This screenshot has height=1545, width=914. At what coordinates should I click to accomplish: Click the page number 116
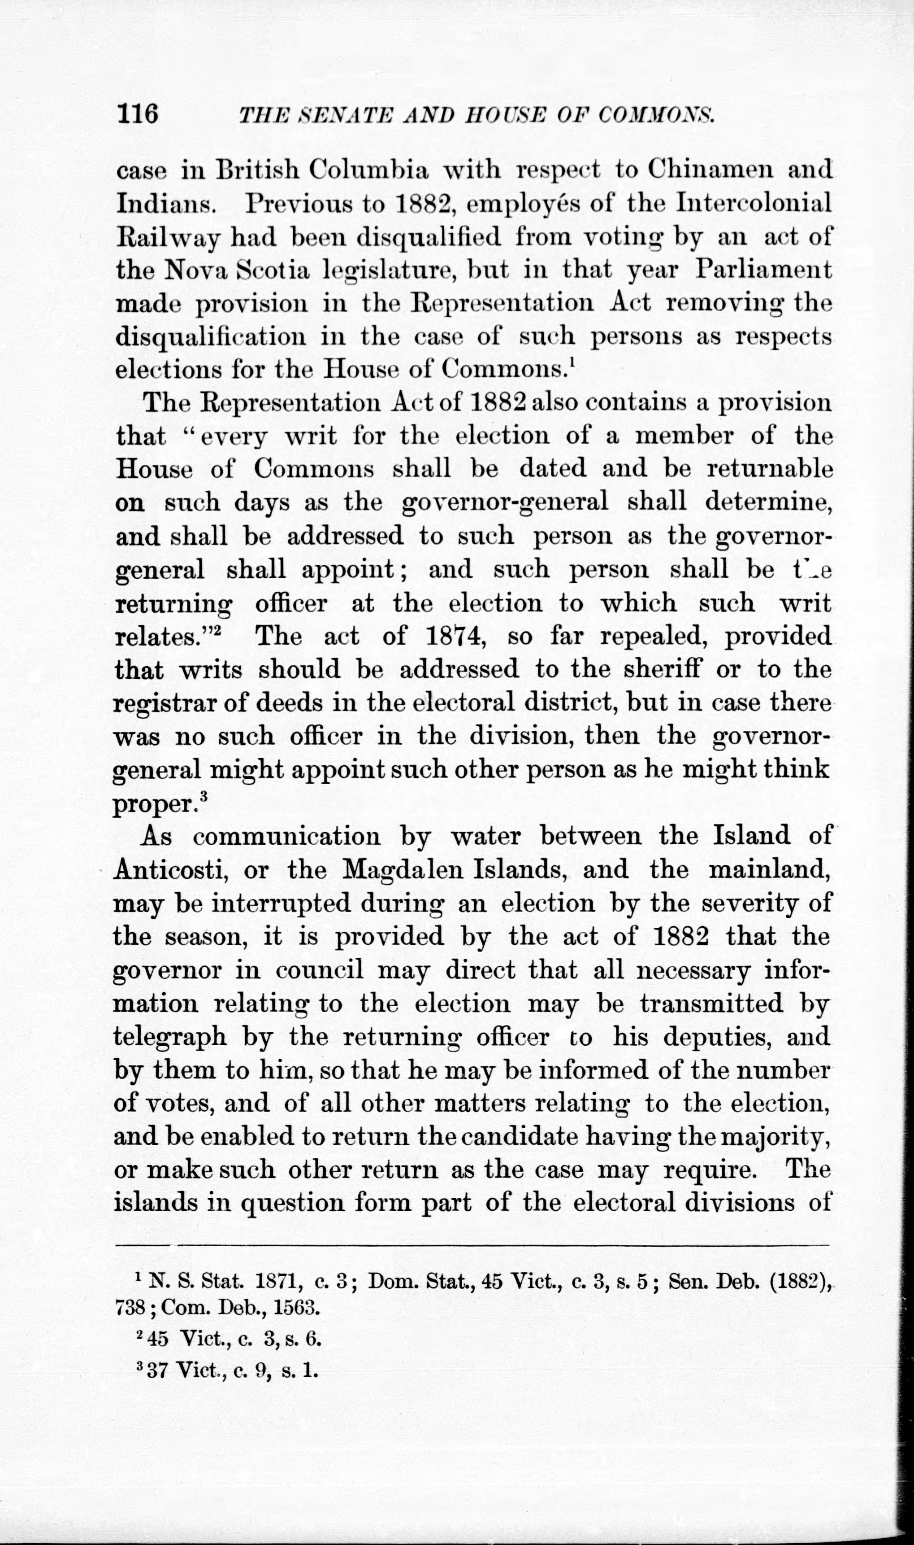(137, 114)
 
